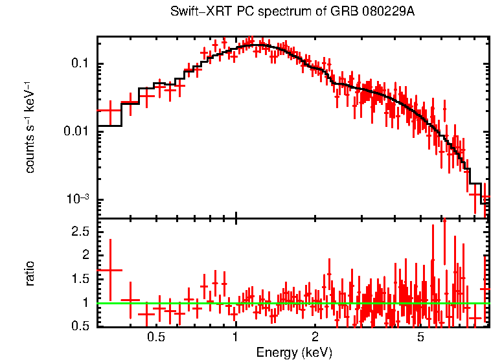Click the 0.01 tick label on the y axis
point(78,131)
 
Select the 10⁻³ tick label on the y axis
point(79,198)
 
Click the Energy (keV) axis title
point(294,353)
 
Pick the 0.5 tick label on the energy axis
point(155,337)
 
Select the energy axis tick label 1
point(235,337)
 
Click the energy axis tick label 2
point(315,337)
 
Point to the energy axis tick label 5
point(420,337)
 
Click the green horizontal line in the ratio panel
point(291,303)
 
